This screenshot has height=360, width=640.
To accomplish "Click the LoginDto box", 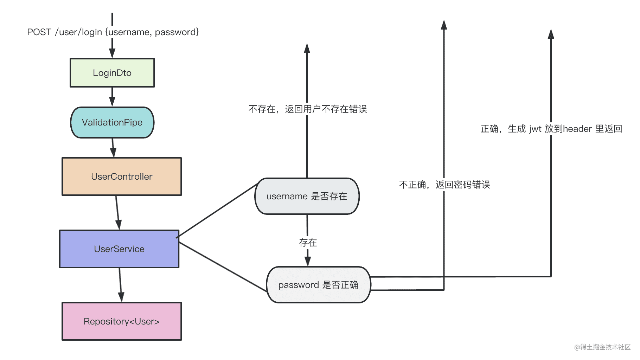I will tap(112, 73).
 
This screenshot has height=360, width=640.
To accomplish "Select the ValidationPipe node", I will tap(112, 122).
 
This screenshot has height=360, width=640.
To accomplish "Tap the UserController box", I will tap(122, 176).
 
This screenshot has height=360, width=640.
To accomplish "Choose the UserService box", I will tap(119, 249).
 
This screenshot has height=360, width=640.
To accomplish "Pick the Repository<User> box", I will tap(122, 321).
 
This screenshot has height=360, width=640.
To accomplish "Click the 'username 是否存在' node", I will tap(307, 196).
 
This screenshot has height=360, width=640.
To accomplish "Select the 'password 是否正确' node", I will tap(318, 285).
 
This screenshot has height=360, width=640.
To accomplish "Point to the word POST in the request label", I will tap(39, 32).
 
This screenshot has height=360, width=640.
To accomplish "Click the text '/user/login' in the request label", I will tap(78, 32).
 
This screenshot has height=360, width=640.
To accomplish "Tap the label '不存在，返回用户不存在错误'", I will tap(308, 109).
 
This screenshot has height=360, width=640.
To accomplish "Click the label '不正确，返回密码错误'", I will tap(444, 185).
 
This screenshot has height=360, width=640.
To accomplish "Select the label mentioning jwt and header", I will tap(551, 129).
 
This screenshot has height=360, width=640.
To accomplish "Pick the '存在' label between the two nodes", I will tap(308, 243).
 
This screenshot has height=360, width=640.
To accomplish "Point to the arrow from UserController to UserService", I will tap(117, 213).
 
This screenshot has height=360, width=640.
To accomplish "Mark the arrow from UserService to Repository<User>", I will tap(120, 285).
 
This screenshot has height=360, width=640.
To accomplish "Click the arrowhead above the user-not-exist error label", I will tap(307, 49).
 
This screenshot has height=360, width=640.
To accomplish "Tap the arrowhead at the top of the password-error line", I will tap(444, 25).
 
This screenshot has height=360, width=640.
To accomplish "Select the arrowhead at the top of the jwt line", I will tap(551, 34).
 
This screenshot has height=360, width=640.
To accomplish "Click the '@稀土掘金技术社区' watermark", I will tap(602, 347).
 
